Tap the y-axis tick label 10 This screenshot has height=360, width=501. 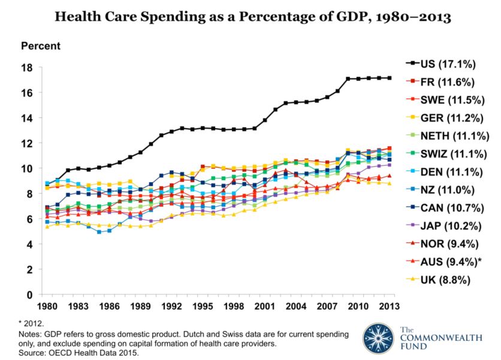pyautogui.click(x=28, y=168)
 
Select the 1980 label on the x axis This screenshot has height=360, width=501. pyautogui.click(x=47, y=307)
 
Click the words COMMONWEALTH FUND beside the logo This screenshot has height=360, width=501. pyautogui.click(x=440, y=338)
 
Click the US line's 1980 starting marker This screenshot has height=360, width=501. pyautogui.click(x=47, y=207)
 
